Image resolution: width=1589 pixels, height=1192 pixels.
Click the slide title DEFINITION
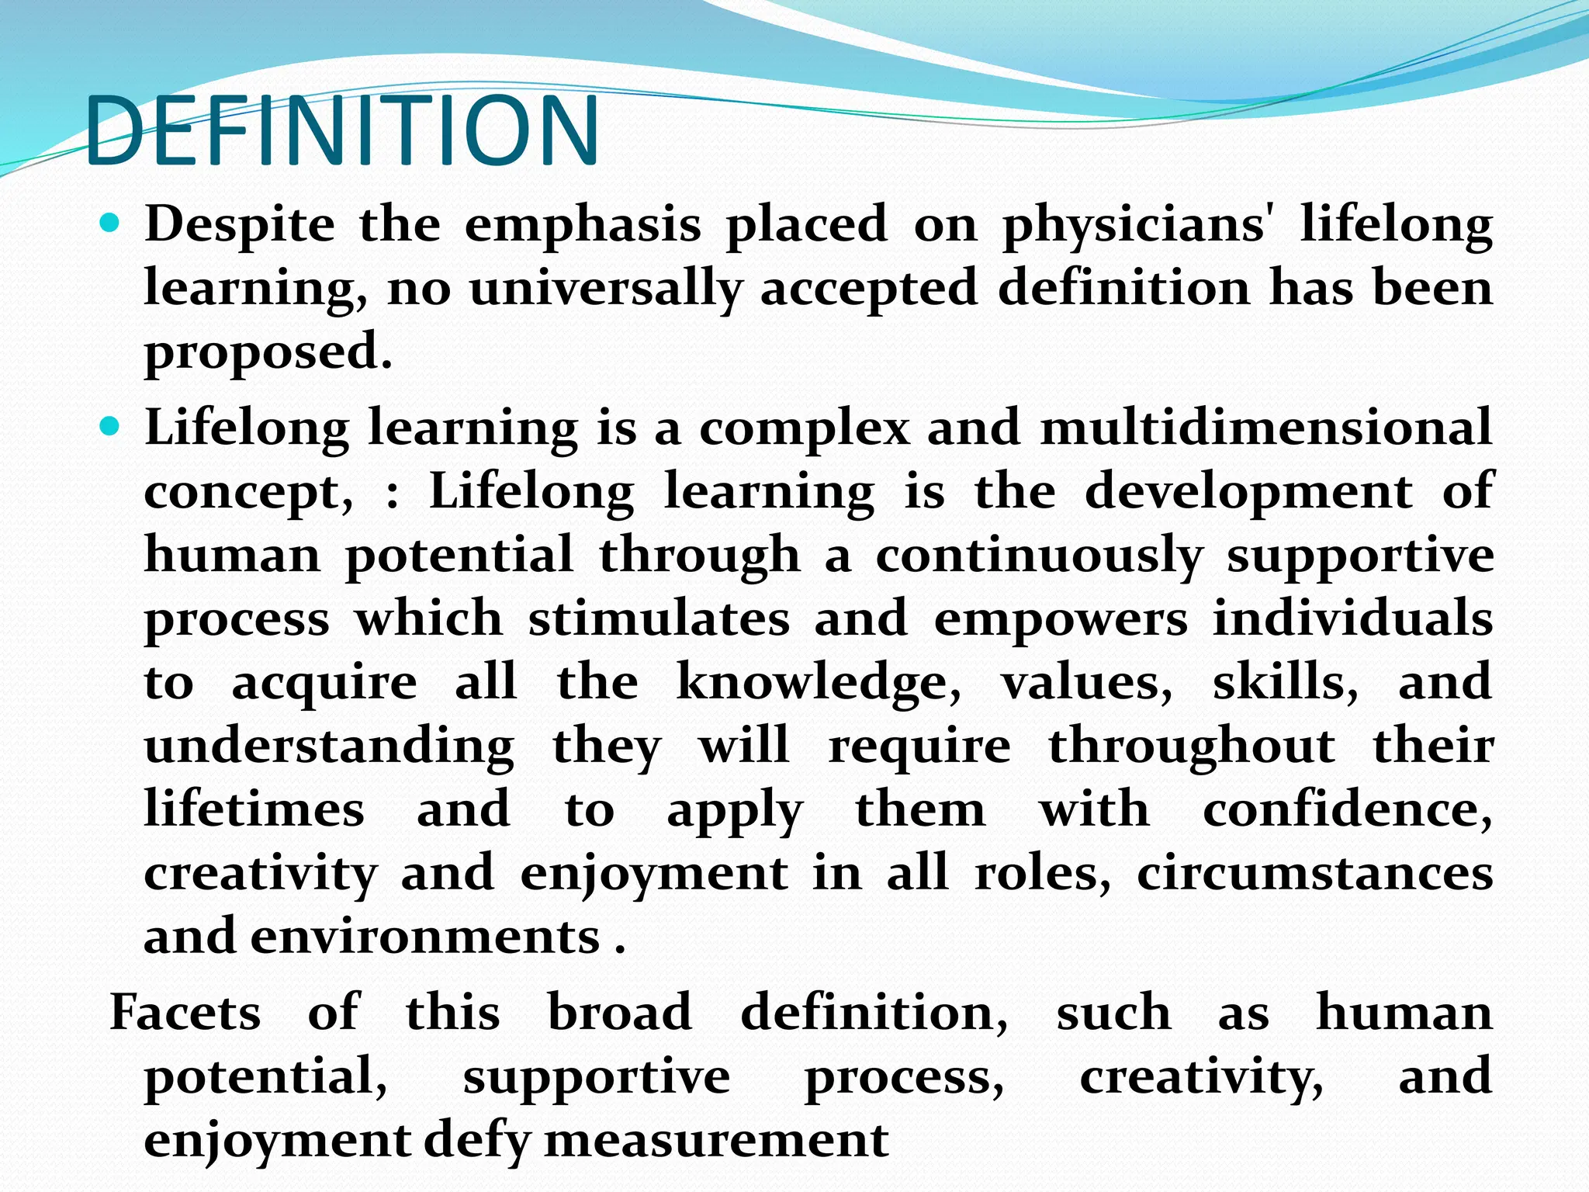click(341, 130)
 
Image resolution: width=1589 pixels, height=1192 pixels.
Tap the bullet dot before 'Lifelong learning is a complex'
click(111, 427)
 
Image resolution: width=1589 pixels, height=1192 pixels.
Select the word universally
click(605, 290)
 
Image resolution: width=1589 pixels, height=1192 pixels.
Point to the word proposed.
click(268, 354)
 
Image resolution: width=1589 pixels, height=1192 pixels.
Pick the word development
click(1248, 492)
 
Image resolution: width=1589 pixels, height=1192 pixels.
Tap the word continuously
click(1039, 556)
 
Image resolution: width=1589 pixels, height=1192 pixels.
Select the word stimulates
click(659, 619)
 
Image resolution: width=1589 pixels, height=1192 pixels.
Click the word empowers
click(1060, 619)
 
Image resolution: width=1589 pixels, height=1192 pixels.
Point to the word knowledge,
click(819, 683)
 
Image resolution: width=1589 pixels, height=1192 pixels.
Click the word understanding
click(329, 747)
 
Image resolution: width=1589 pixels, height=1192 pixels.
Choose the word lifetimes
click(254, 809)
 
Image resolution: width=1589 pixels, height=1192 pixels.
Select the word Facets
click(185, 1013)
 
